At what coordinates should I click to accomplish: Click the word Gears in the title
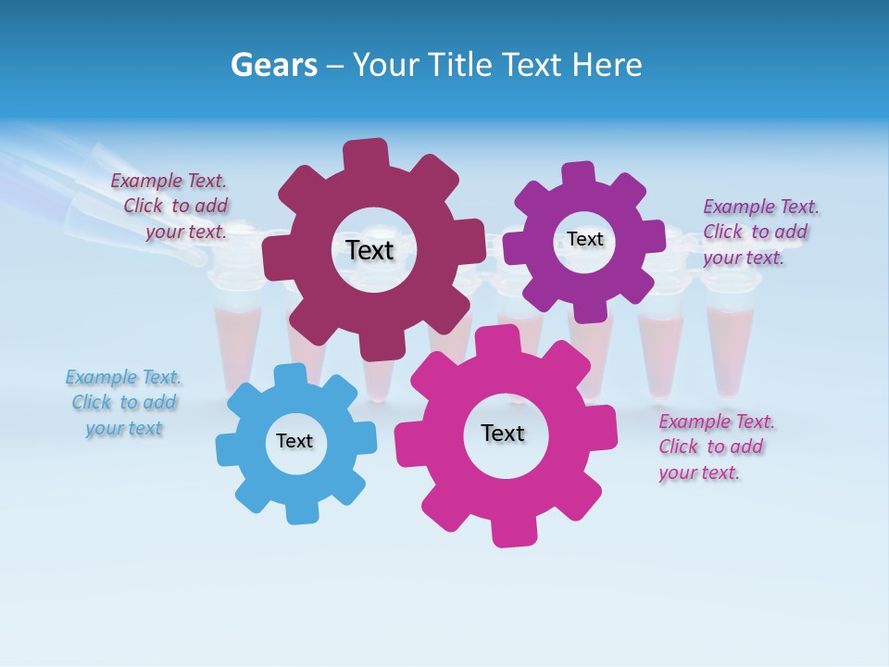point(274,65)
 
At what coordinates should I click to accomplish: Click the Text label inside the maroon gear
point(369,250)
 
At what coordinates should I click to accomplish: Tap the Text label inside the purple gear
point(585,239)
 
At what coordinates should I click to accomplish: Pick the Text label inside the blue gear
point(294,441)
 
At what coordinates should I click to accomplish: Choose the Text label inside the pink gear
point(503,433)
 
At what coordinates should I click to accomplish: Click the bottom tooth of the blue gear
point(299,511)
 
